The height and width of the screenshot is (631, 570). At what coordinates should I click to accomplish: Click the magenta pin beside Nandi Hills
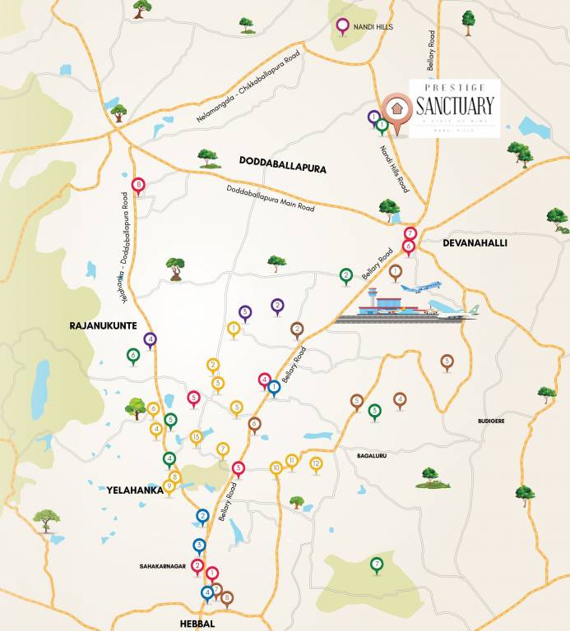click(x=343, y=25)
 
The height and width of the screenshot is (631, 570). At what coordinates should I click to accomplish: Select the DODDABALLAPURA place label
click(x=282, y=168)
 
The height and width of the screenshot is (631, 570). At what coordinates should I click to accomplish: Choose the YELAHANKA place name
click(x=133, y=490)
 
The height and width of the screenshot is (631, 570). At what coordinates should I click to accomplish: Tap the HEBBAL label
click(x=197, y=624)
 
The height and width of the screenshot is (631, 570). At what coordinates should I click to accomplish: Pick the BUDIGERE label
click(x=491, y=421)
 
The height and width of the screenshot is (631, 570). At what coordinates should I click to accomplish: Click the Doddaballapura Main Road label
click(x=271, y=199)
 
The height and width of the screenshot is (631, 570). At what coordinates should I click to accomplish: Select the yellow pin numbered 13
click(x=196, y=437)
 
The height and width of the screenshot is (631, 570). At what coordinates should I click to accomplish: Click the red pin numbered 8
click(x=138, y=185)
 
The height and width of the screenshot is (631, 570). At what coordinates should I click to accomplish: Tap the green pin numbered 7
click(x=376, y=564)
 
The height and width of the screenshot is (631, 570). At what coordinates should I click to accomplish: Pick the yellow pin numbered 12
click(x=315, y=463)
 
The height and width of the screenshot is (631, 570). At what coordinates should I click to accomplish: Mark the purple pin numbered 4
click(x=150, y=338)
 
